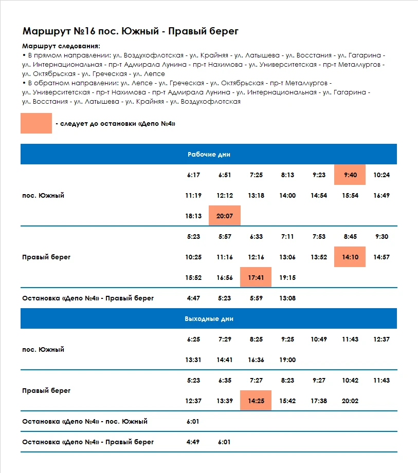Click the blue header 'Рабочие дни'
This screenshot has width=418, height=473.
[x=209, y=154]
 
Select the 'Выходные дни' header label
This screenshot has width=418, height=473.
[x=209, y=319]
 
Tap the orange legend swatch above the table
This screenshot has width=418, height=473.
[x=36, y=123]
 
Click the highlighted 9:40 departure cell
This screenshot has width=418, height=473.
[x=350, y=175]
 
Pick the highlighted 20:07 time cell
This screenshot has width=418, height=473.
[x=225, y=216]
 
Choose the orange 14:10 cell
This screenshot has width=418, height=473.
[x=350, y=257]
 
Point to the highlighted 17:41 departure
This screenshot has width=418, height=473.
[x=256, y=277]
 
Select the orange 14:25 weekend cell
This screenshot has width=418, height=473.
[x=256, y=401]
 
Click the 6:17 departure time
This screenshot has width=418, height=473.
[x=193, y=175]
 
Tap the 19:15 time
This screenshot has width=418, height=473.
[x=287, y=277]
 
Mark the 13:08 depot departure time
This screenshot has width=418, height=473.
[x=287, y=298]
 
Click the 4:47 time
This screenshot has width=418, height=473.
[x=193, y=298]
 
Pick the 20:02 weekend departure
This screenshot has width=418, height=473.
[x=350, y=401]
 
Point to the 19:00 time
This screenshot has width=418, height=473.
[x=287, y=360]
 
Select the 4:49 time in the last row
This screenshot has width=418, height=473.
[x=193, y=442]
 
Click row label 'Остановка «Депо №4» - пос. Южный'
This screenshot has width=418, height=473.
[x=85, y=422]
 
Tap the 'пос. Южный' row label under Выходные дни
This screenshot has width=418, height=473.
[x=43, y=349]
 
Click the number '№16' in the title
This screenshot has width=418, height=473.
[x=84, y=31]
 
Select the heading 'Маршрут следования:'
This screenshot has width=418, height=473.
[x=61, y=46]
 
